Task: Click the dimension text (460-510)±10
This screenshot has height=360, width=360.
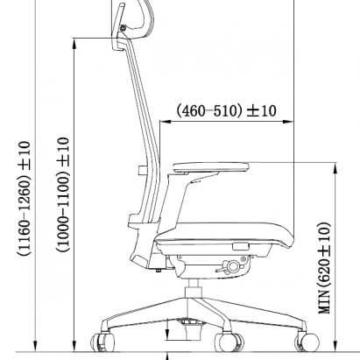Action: (227, 111)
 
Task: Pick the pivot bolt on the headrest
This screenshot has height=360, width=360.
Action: (124, 33)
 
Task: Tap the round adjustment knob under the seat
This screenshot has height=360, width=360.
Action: (234, 267)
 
